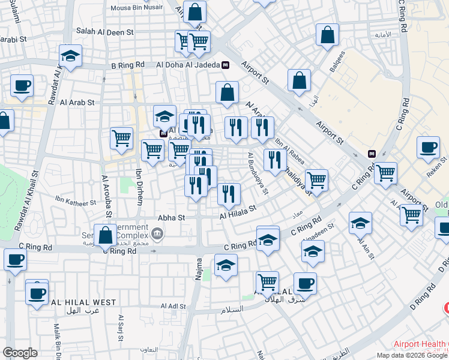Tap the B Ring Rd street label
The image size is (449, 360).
coord(128,65)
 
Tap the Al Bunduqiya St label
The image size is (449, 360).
coord(258,173)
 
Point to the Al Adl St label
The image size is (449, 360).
coord(173,306)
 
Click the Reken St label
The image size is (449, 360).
coord(436,166)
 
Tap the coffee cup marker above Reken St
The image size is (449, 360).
coord(429,147)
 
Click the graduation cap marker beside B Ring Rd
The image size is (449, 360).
coord(71,58)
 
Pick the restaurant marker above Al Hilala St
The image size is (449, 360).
coord(229,193)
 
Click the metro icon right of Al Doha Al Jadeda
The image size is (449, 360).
coord(224,65)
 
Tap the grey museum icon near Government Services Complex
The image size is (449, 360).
coord(157,233)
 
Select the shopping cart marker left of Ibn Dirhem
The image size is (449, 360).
coord(121,139)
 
